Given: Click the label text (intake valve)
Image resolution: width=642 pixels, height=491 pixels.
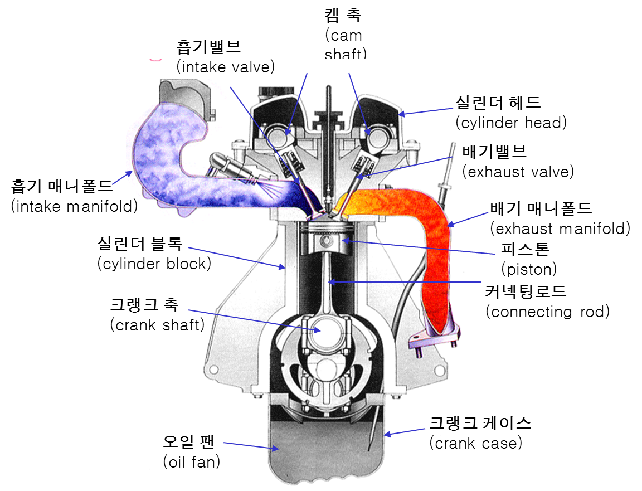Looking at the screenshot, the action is click(x=226, y=67).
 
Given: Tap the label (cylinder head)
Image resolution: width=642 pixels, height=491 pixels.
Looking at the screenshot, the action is click(x=510, y=123).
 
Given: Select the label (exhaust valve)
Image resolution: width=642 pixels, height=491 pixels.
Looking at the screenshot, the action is click(x=518, y=172).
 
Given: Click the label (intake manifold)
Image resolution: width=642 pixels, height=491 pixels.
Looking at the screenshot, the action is click(x=74, y=206).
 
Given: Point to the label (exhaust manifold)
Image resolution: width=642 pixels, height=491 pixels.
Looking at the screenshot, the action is click(x=560, y=229).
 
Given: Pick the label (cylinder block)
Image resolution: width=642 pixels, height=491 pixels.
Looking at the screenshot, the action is click(x=154, y=264).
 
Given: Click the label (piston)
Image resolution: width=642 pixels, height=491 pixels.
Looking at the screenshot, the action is click(x=529, y=270).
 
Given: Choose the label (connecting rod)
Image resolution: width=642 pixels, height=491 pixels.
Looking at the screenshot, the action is click(x=548, y=312).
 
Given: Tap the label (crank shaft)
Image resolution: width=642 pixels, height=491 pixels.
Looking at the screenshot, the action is click(x=157, y=325).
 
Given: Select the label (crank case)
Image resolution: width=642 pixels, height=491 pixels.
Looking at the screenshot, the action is click(x=476, y=444).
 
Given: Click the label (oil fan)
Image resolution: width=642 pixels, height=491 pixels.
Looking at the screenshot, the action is click(x=191, y=462).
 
